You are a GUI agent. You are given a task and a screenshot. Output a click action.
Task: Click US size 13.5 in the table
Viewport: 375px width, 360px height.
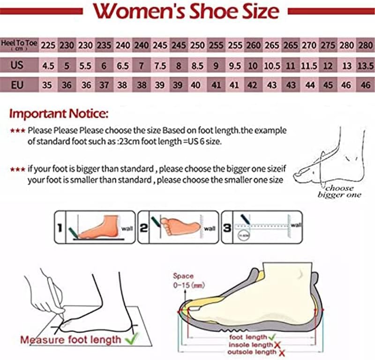coord(366,66)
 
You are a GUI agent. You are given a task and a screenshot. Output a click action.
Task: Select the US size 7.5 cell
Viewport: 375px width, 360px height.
coord(160,66)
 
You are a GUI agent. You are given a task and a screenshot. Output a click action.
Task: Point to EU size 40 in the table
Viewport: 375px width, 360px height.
coord(197,86)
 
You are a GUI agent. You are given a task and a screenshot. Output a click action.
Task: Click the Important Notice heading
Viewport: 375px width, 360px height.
coord(59,113)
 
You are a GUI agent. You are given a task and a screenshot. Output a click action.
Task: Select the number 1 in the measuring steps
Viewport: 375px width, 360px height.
coord(60,228)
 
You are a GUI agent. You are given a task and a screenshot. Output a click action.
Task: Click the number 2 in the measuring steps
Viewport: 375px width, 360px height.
coord(143,228)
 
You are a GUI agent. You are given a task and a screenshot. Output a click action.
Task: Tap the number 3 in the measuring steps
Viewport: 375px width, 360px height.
coord(227,228)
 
